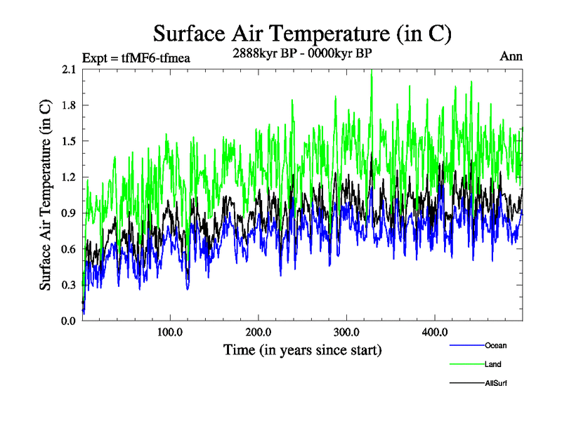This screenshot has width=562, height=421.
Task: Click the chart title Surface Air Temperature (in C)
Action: click(x=302, y=33)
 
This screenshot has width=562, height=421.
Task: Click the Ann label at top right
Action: click(x=511, y=56)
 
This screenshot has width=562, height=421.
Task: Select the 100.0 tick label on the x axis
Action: click(x=171, y=332)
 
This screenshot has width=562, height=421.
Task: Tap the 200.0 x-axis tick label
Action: click(x=259, y=332)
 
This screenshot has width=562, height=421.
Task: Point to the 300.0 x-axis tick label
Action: click(x=347, y=332)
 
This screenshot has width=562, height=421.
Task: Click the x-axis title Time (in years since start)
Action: click(x=302, y=349)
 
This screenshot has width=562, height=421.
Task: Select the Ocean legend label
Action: click(x=495, y=345)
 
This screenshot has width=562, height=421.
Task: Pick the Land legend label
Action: click(x=492, y=364)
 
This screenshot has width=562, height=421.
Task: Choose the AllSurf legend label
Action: click(x=495, y=383)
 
